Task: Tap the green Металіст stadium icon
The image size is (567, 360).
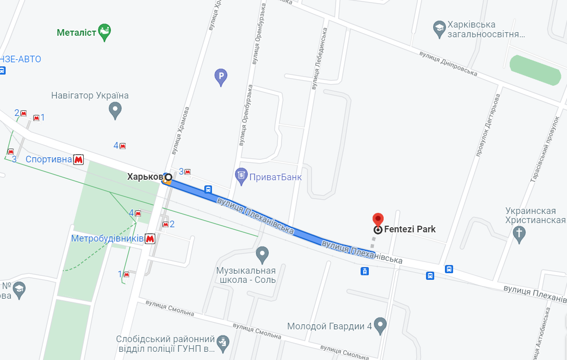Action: pos(105,32)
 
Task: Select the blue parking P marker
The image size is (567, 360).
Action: pos(220,78)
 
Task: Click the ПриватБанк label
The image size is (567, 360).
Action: pos(275,177)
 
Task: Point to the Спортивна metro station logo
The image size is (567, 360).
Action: pos(78,160)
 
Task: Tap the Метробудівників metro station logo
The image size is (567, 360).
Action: pos(150,238)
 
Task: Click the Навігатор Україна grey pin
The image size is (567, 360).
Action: pos(115,110)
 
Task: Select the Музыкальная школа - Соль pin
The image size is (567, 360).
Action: pos(262,253)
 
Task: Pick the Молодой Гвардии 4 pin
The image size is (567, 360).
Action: pos(380,325)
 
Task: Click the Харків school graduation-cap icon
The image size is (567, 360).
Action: pos(438,29)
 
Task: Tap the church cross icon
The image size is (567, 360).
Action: pos(519,234)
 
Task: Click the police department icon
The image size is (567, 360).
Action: pos(223,344)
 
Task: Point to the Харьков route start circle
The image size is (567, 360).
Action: pos(168,177)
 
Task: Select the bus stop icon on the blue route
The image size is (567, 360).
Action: pos(208,189)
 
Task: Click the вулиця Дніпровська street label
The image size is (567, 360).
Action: pos(448,63)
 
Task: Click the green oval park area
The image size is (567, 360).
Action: pos(535,70)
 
